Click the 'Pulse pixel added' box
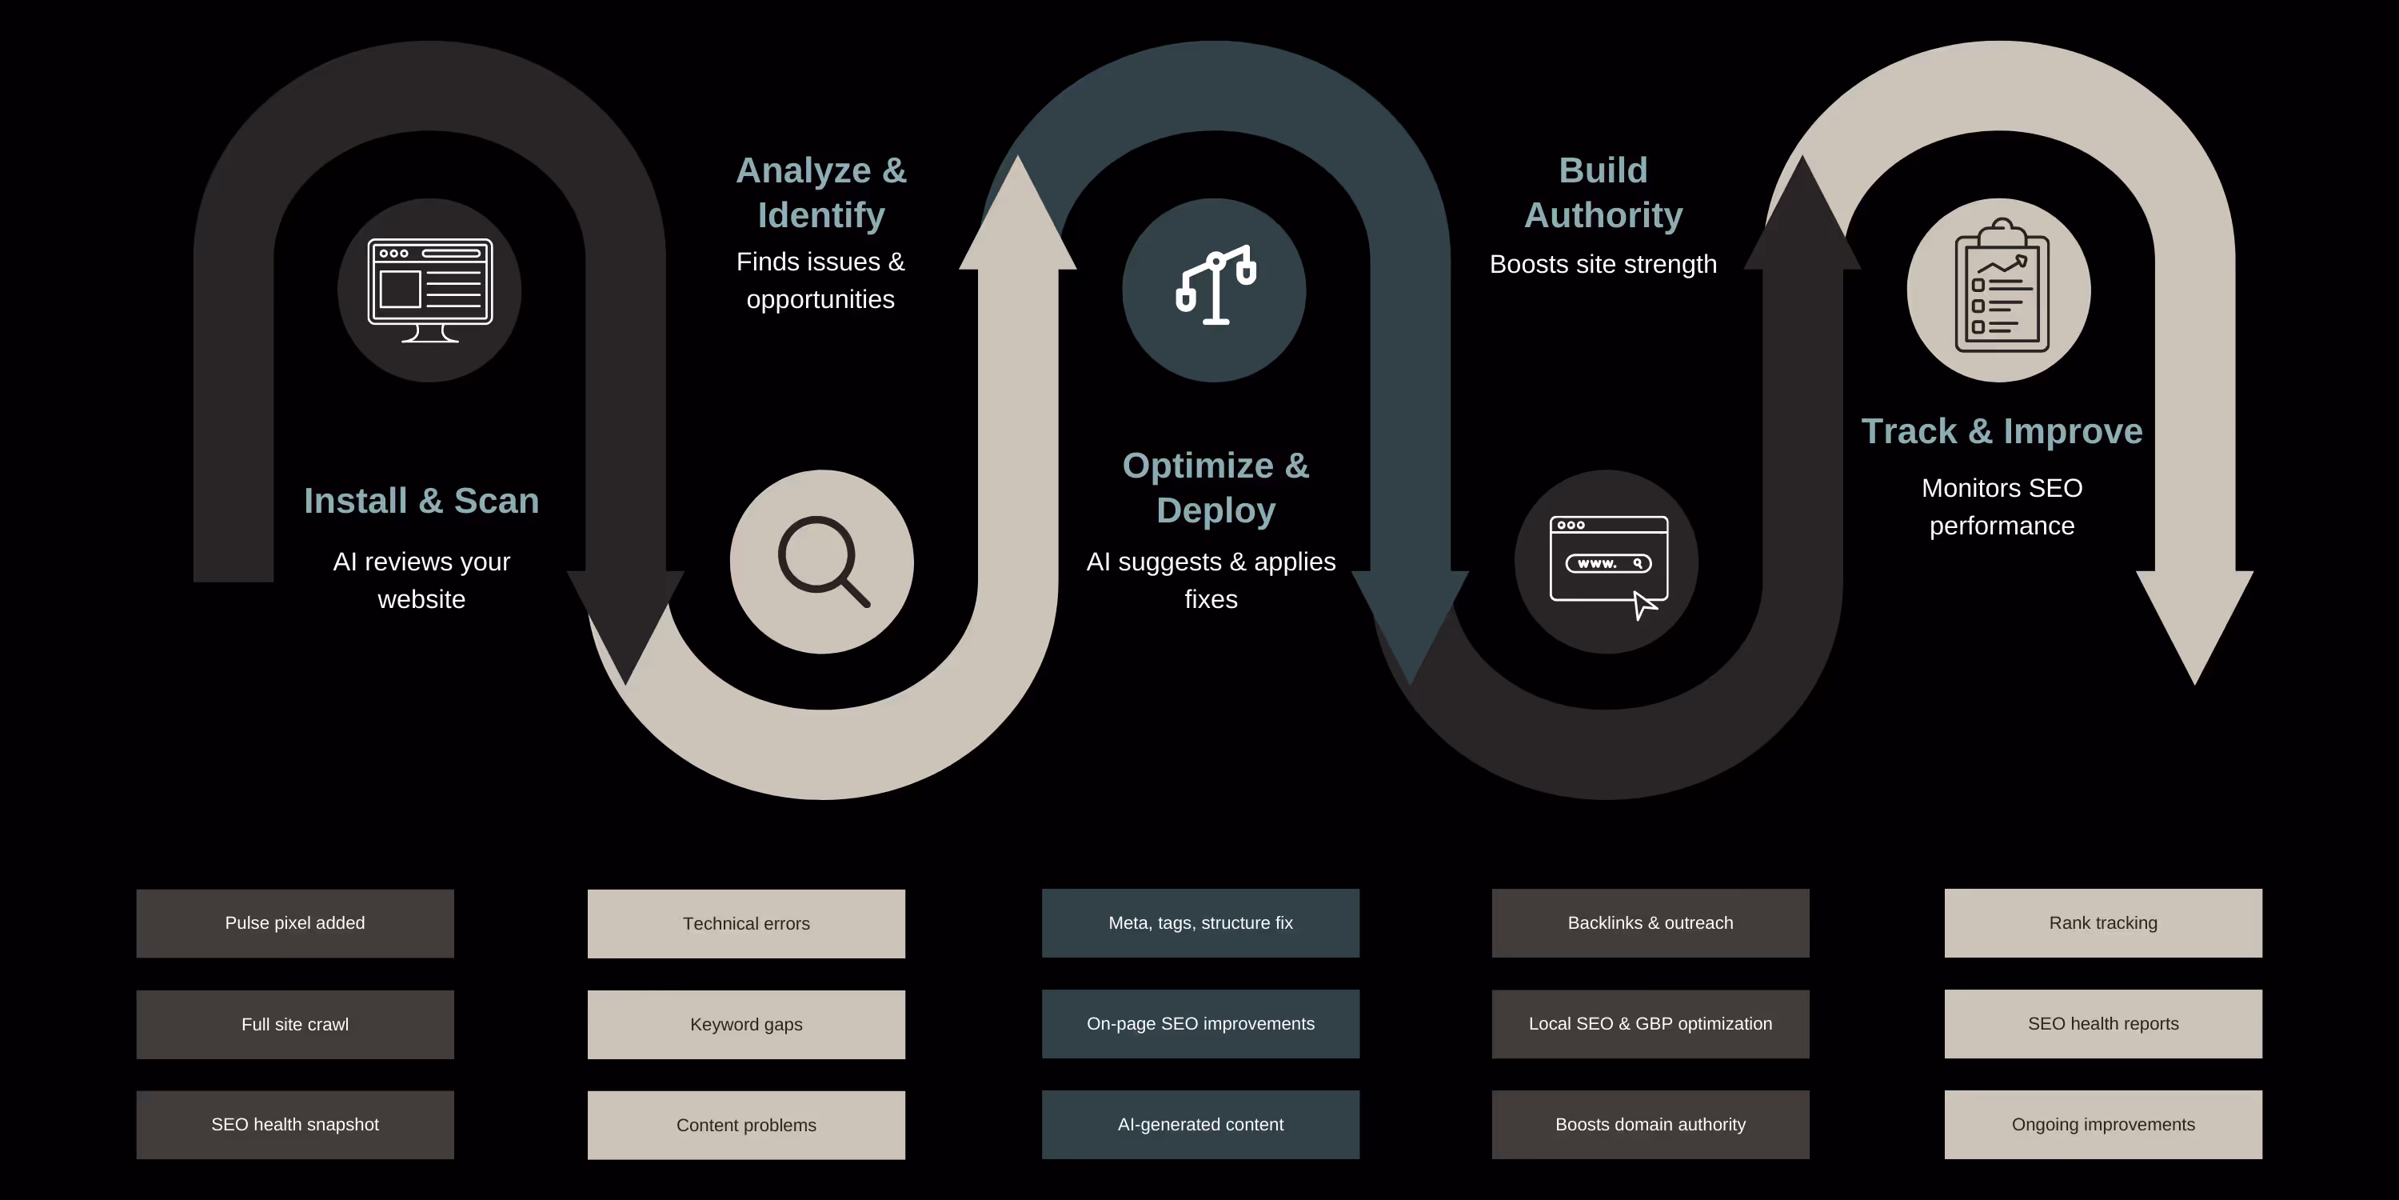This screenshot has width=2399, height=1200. tap(294, 923)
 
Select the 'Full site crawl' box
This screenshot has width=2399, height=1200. tap(294, 1024)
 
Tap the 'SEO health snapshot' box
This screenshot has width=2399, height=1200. tap(294, 1125)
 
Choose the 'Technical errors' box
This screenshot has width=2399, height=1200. tap(746, 923)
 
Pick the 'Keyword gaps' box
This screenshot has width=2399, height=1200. tap(746, 1024)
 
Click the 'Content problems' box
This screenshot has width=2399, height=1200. tap(746, 1125)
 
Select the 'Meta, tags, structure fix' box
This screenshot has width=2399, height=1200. tap(1200, 923)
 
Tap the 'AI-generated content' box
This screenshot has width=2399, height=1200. tap(1200, 1125)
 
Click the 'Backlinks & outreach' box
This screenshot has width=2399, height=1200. tap(1651, 923)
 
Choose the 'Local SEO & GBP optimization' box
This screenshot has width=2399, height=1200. tap(1651, 1024)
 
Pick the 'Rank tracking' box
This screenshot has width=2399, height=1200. tap(2103, 923)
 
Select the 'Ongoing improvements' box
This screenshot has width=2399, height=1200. tap(2103, 1125)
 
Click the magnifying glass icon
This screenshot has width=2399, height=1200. tap(821, 562)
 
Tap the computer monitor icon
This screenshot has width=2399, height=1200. tap(429, 290)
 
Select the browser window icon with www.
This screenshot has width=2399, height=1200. tap(1607, 562)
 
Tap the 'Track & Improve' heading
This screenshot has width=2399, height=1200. tap(2002, 431)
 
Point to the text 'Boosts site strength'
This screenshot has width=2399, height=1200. tap(1603, 265)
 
